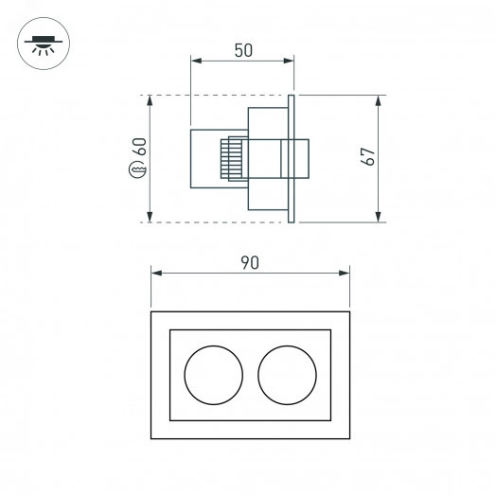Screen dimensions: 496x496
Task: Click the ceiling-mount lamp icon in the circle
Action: click(41, 44)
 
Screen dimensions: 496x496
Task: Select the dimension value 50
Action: click(242, 51)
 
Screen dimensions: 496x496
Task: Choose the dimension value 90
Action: click(250, 262)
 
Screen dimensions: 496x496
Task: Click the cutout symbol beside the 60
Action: click(139, 171)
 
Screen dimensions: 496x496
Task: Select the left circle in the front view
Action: click(213, 374)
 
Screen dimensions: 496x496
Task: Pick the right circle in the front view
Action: click(286, 374)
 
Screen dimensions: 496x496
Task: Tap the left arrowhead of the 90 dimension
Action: click(156, 273)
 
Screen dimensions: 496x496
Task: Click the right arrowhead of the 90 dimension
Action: click(345, 273)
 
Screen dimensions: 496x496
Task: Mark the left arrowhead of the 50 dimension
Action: click(196, 62)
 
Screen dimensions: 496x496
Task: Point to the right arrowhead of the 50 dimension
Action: click(290, 62)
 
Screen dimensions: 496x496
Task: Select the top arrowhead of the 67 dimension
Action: click(379, 100)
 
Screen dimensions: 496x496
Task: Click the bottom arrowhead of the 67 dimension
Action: click(379, 217)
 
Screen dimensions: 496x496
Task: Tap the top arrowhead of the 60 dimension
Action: click(151, 100)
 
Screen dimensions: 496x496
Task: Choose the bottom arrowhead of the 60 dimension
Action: click(151, 217)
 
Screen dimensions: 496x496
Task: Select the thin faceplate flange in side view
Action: click(293, 159)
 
